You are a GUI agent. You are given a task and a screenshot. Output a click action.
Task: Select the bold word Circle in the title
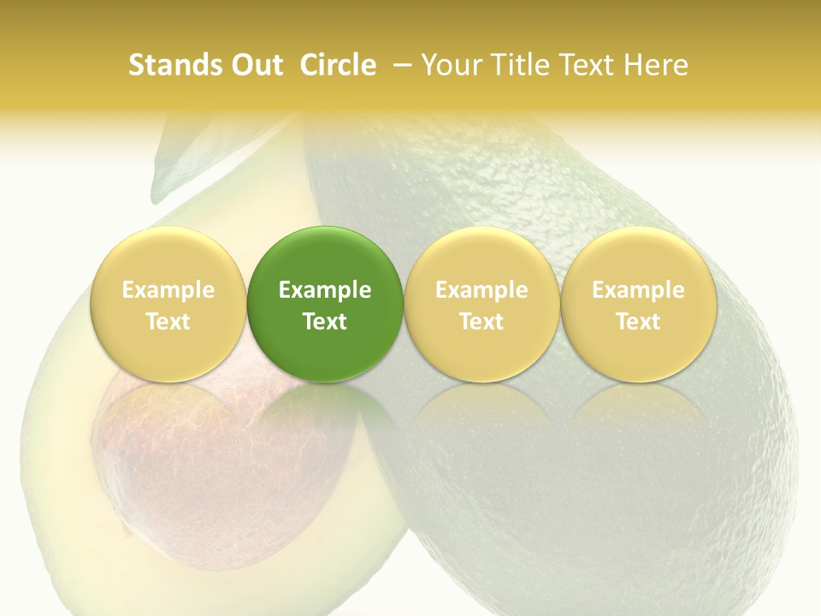point(338,65)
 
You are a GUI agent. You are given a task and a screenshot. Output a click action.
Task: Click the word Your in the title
point(450,65)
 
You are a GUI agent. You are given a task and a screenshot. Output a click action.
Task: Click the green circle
point(325,305)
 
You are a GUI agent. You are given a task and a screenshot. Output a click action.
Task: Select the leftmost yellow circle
point(168,305)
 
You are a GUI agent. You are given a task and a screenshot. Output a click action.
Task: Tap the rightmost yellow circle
point(638,305)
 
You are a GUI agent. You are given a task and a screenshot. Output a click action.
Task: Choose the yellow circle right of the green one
point(481,305)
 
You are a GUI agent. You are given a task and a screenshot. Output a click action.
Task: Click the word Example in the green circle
point(325,290)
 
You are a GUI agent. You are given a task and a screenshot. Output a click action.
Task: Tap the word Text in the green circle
point(325,322)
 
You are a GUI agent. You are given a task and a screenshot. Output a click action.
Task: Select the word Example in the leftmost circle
point(168,290)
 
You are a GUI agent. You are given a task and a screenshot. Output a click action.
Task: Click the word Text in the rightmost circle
point(638,322)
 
